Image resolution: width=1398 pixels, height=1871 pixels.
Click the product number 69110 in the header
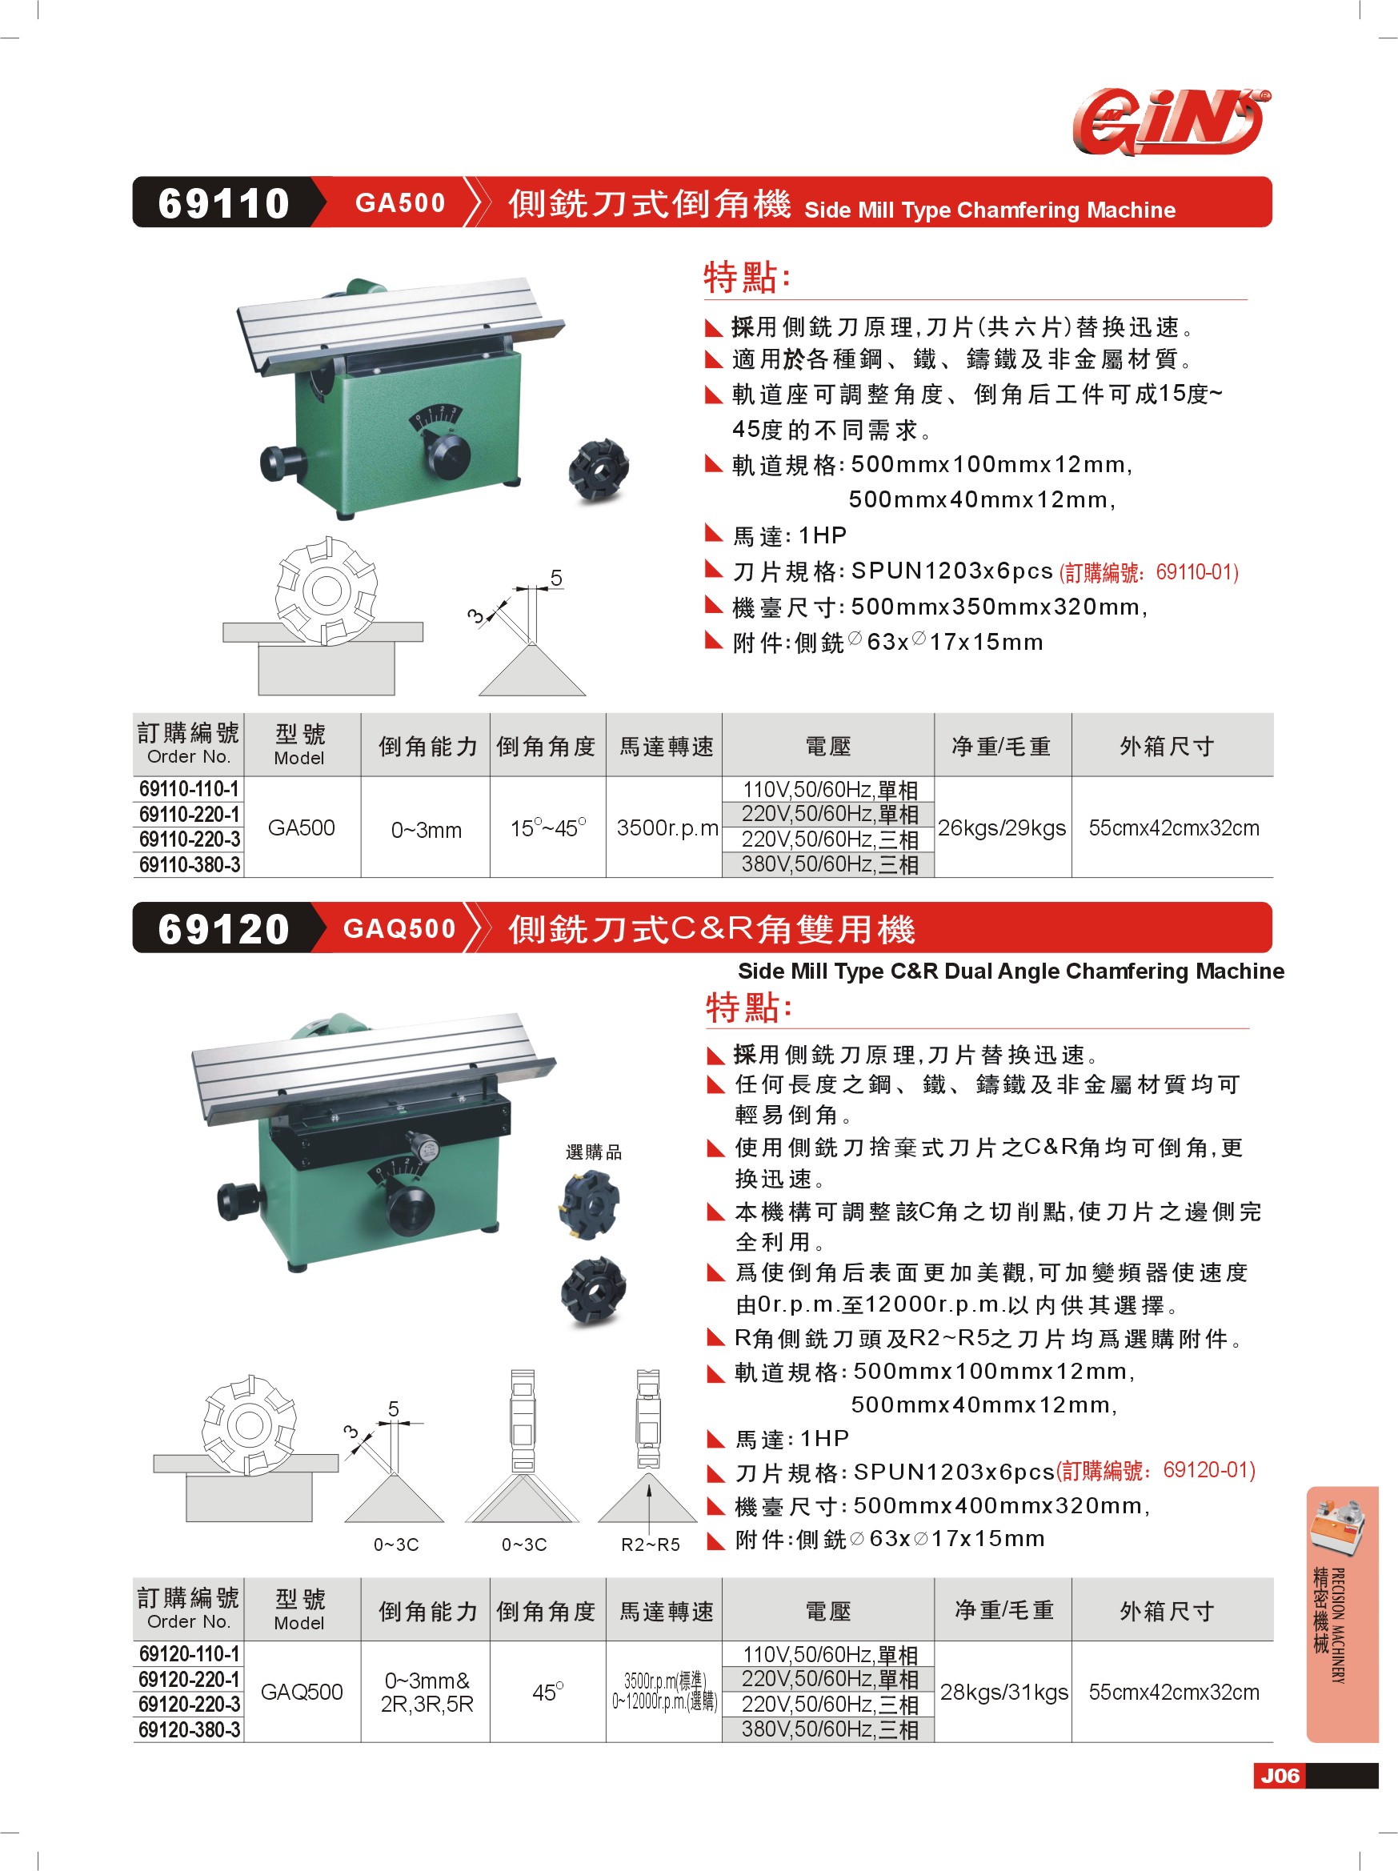pyautogui.click(x=224, y=203)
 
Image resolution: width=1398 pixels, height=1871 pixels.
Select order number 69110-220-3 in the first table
pyautogui.click(x=190, y=839)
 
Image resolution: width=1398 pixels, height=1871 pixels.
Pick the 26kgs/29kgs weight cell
pyautogui.click(x=1001, y=827)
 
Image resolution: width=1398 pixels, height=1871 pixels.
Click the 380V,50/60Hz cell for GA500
pyautogui.click(x=829, y=864)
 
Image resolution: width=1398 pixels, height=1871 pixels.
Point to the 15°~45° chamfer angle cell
pyautogui.click(x=547, y=827)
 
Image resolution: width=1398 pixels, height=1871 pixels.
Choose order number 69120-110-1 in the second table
pyautogui.click(x=190, y=1653)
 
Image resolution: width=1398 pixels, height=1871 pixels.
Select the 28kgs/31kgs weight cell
pyautogui.click(x=1004, y=1692)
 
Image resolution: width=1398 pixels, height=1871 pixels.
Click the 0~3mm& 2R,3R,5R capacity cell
pyautogui.click(x=427, y=1692)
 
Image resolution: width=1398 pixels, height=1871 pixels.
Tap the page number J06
pyautogui.click(x=1279, y=1776)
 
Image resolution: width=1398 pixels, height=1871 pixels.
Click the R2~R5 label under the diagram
pyautogui.click(x=651, y=1544)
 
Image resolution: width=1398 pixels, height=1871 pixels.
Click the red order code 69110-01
pyautogui.click(x=1148, y=573)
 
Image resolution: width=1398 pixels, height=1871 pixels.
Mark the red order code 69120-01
pyautogui.click(x=1156, y=1471)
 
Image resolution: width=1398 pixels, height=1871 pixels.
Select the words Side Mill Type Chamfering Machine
pyautogui.click(x=990, y=210)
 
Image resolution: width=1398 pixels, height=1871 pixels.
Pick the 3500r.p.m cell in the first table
pyautogui.click(x=667, y=827)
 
